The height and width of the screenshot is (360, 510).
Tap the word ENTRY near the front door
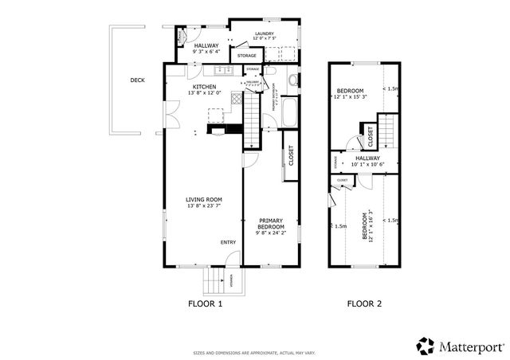point(229,242)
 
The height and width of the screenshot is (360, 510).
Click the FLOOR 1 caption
point(205,303)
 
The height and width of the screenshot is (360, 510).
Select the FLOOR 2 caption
point(364,303)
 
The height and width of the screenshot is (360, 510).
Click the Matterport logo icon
point(426,345)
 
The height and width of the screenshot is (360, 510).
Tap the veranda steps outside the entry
point(214,280)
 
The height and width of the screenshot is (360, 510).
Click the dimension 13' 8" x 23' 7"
point(203,206)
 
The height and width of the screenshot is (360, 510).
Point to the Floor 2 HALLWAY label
point(367,158)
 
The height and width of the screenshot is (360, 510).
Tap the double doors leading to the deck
point(169,113)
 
